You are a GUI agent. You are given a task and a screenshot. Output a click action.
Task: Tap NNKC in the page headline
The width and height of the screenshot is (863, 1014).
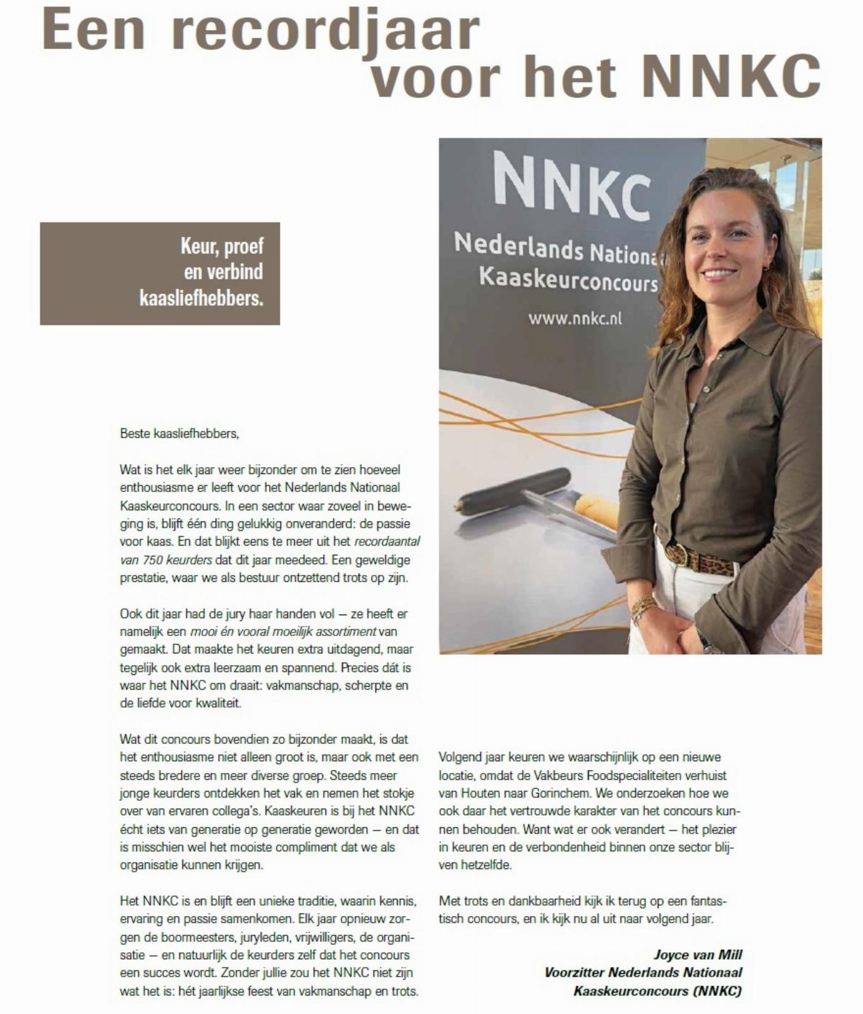pyautogui.click(x=734, y=76)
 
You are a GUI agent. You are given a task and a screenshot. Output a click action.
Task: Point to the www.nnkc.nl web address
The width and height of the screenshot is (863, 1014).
pyautogui.click(x=575, y=318)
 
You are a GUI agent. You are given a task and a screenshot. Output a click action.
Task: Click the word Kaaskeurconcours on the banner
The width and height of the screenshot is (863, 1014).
pyautogui.click(x=568, y=279)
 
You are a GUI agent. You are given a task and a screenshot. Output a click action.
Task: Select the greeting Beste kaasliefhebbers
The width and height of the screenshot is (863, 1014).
pyautogui.click(x=179, y=433)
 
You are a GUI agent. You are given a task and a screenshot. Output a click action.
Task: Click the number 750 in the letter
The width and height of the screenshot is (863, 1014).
pyautogui.click(x=152, y=560)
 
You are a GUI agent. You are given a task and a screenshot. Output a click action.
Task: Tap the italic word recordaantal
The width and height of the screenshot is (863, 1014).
pyautogui.click(x=387, y=542)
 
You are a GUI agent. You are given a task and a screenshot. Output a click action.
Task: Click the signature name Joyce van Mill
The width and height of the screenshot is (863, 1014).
pyautogui.click(x=698, y=955)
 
